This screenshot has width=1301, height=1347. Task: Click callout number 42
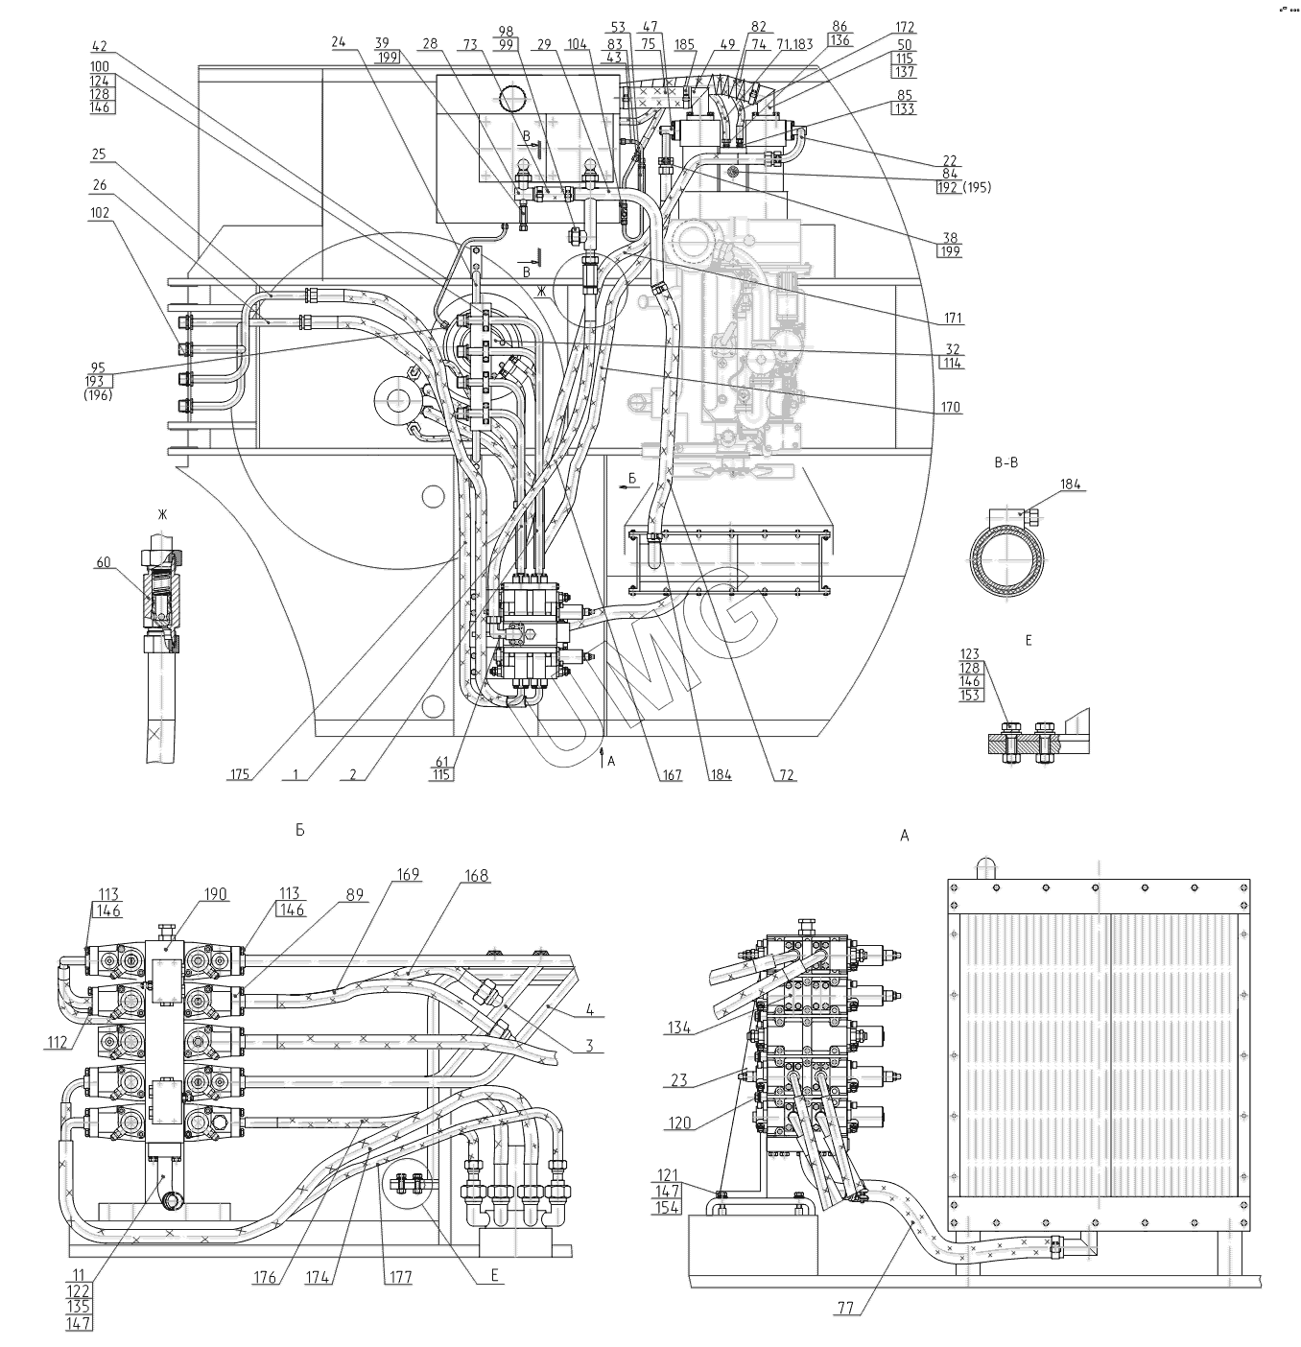tap(99, 45)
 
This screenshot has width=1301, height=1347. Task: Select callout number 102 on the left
tap(100, 213)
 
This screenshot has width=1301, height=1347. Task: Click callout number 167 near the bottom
tap(671, 774)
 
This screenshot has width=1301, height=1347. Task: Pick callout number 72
tap(786, 774)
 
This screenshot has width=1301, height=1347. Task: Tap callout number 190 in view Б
tap(215, 894)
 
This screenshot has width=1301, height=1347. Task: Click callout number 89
tap(356, 895)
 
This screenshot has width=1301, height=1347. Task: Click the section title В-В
tap(1007, 461)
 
